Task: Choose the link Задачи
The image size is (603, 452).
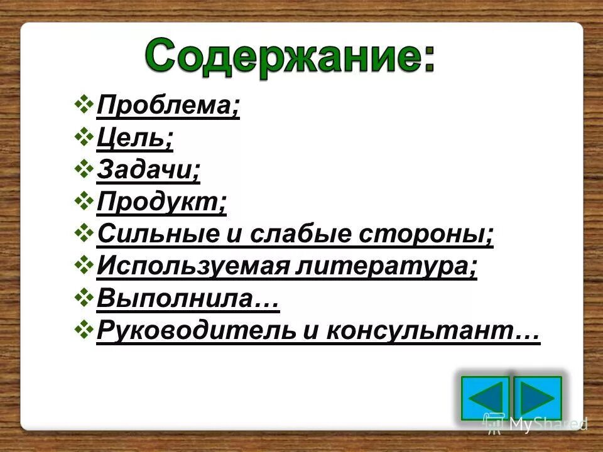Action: (148, 171)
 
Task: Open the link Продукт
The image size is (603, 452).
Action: (161, 203)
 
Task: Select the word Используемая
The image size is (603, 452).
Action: (192, 267)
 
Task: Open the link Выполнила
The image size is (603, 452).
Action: (187, 299)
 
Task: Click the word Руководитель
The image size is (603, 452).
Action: (195, 331)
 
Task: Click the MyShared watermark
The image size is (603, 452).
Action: (535, 424)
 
